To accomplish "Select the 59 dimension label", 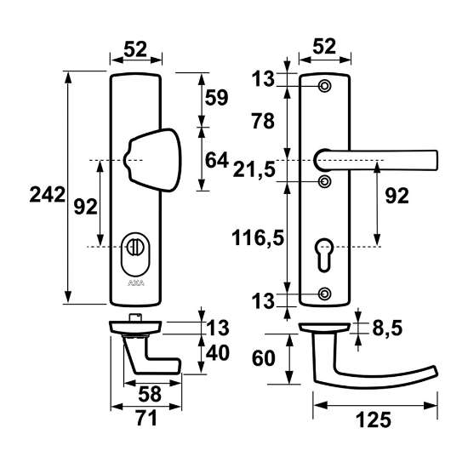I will point(217,98).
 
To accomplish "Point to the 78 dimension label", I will point(263,122).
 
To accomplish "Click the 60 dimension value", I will point(264,359).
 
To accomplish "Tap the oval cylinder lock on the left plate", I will point(136,247).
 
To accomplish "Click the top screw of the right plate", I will point(324,88).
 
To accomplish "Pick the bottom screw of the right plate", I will point(324,294).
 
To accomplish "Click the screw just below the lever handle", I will point(324,181).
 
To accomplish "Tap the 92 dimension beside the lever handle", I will point(397,196).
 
